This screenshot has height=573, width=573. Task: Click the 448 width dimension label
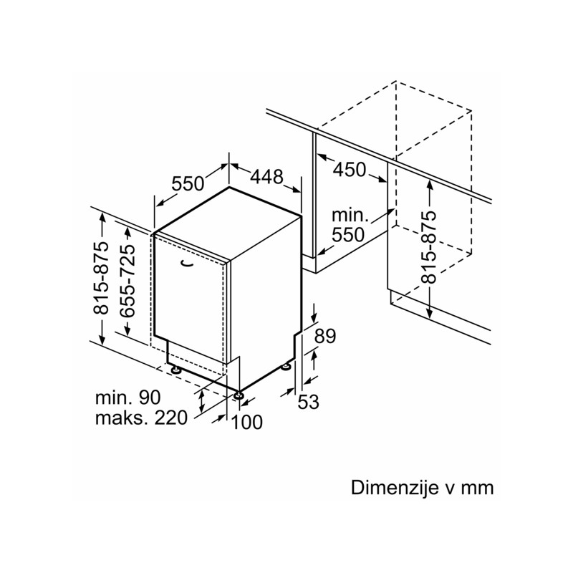pyautogui.click(x=267, y=176)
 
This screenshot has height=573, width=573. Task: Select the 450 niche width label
pyautogui.click(x=350, y=170)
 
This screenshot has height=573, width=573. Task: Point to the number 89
pyautogui.click(x=325, y=336)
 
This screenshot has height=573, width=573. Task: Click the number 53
pyautogui.click(x=308, y=403)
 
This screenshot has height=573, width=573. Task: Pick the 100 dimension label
pyautogui.click(x=247, y=423)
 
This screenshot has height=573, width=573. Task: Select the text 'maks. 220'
pyautogui.click(x=141, y=418)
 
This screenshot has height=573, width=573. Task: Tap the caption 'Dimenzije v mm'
pyautogui.click(x=423, y=488)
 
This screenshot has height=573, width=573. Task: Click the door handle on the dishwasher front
pyautogui.click(x=188, y=264)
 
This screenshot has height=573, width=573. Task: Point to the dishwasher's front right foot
pyautogui.click(x=238, y=393)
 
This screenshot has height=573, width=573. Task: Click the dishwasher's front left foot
pyautogui.click(x=175, y=369)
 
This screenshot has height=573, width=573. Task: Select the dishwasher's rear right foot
pyautogui.click(x=287, y=367)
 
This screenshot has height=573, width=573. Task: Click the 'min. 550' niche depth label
pyautogui.click(x=349, y=225)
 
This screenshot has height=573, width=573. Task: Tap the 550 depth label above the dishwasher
pyautogui.click(x=188, y=183)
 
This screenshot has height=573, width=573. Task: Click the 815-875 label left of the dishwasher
pyautogui.click(x=101, y=278)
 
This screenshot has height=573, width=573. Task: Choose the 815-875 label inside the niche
pyautogui.click(x=428, y=248)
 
